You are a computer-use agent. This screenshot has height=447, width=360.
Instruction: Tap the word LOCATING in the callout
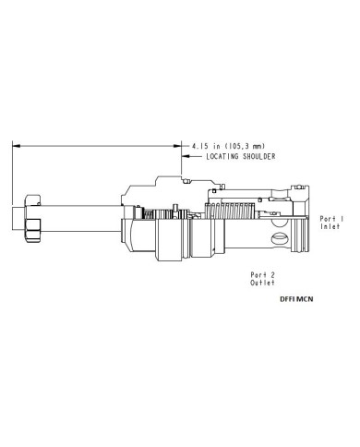point(222,156)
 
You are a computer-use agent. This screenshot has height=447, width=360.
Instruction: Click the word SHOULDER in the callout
point(259,156)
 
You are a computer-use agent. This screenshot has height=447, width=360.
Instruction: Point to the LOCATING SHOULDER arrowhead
point(186,156)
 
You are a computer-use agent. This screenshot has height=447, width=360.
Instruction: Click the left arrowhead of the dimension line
point(16,146)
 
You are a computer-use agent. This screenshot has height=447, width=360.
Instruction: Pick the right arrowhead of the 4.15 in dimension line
point(177,146)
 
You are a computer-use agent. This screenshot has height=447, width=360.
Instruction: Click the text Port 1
point(331,219)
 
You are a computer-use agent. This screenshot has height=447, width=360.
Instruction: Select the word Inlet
point(330,226)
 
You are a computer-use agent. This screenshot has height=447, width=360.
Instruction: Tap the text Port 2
point(262,275)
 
